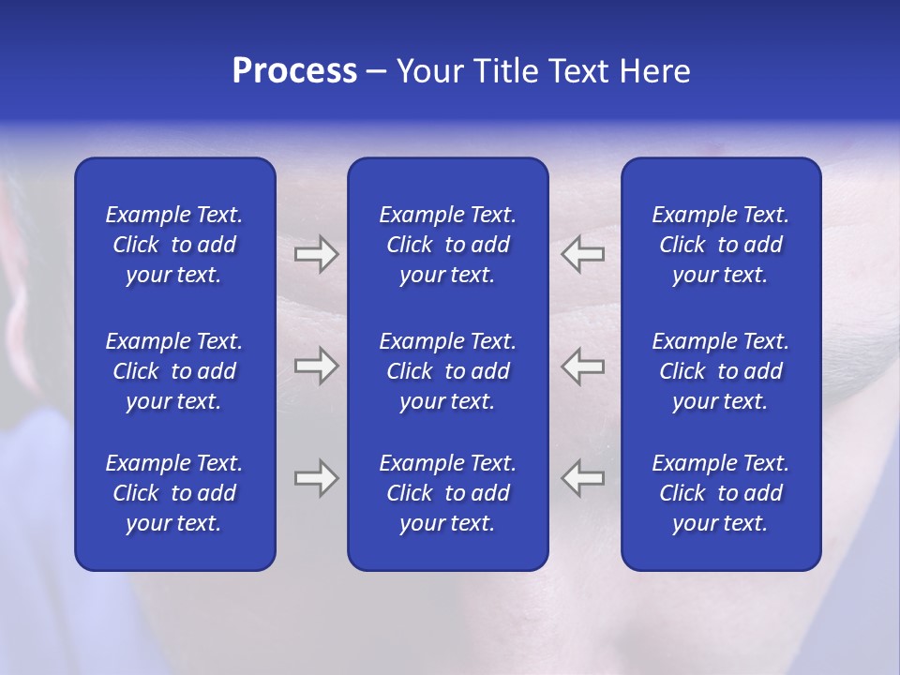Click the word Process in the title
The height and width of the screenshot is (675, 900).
click(x=294, y=71)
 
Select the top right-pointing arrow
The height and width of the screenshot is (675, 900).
click(x=316, y=254)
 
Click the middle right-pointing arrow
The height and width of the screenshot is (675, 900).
click(x=316, y=366)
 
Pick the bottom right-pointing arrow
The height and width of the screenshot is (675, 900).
click(x=316, y=478)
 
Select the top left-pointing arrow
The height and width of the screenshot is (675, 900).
click(x=582, y=254)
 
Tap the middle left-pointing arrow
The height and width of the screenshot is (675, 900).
click(x=582, y=366)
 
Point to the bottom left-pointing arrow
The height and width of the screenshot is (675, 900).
click(x=582, y=478)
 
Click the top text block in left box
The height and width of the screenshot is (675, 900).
click(x=174, y=245)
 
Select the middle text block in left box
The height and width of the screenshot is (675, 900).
click(x=174, y=371)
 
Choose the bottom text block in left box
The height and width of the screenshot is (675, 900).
click(x=174, y=493)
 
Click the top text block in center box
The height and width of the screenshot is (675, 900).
click(x=447, y=245)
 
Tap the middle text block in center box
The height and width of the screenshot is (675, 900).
click(x=447, y=371)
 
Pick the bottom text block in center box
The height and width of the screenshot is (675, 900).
click(x=447, y=493)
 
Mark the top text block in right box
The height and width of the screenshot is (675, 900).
click(x=720, y=245)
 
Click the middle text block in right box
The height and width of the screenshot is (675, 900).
click(x=720, y=371)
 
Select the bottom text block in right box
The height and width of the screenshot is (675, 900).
click(x=720, y=493)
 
